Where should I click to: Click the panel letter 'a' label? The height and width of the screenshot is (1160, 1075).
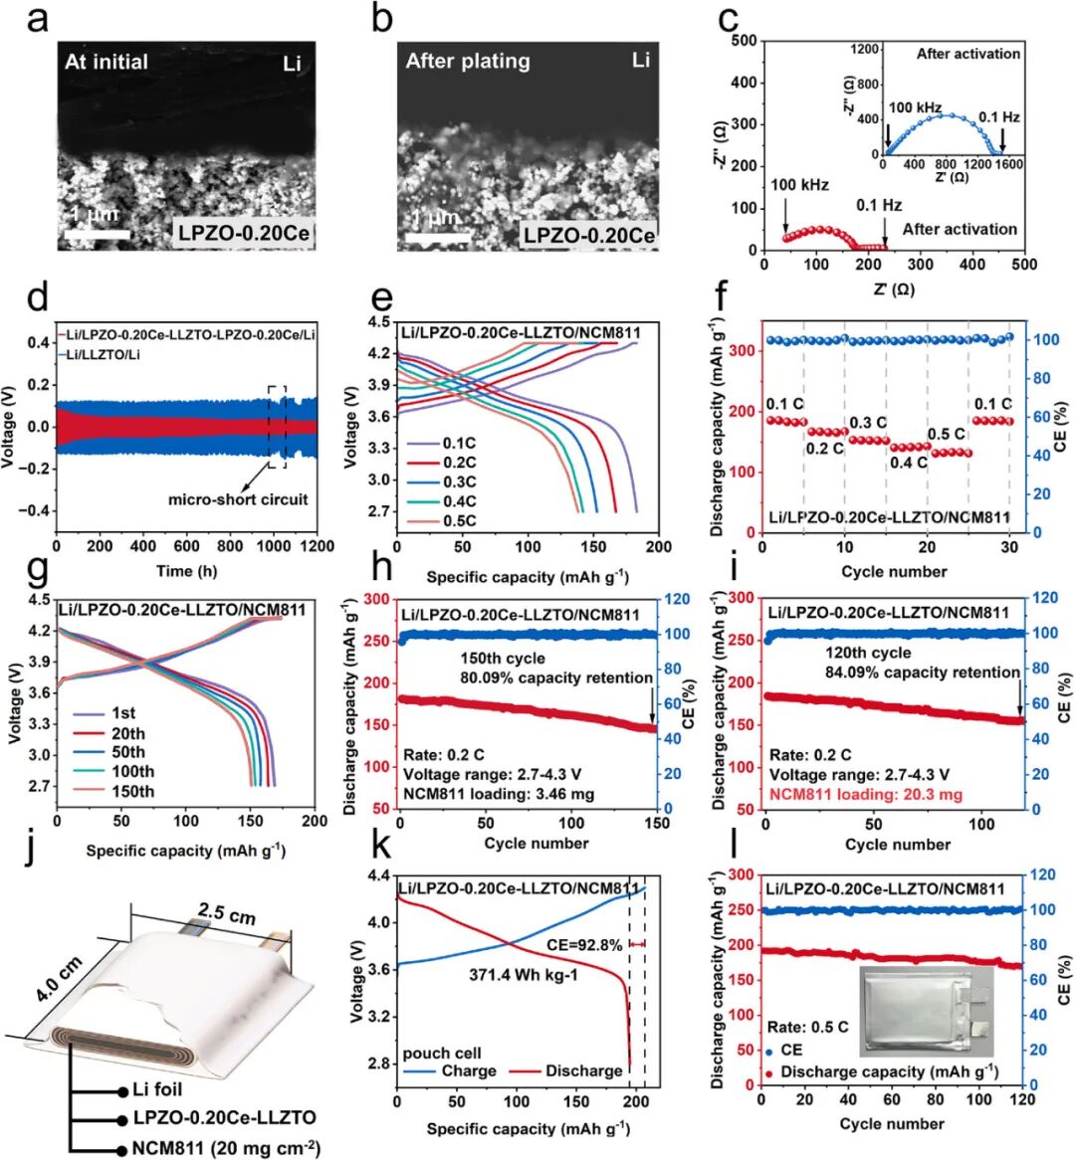coord(38,18)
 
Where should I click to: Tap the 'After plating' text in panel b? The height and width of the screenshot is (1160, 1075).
coord(468,61)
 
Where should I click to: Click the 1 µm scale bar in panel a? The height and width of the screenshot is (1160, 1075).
coord(98,234)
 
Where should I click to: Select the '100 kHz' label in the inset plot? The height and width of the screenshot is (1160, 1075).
coord(915,106)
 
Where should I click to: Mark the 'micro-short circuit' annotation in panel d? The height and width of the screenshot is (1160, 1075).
coord(238,498)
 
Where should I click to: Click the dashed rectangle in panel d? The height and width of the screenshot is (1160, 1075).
coord(277,427)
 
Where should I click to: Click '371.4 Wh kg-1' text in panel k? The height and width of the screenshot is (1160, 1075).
coord(524,975)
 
